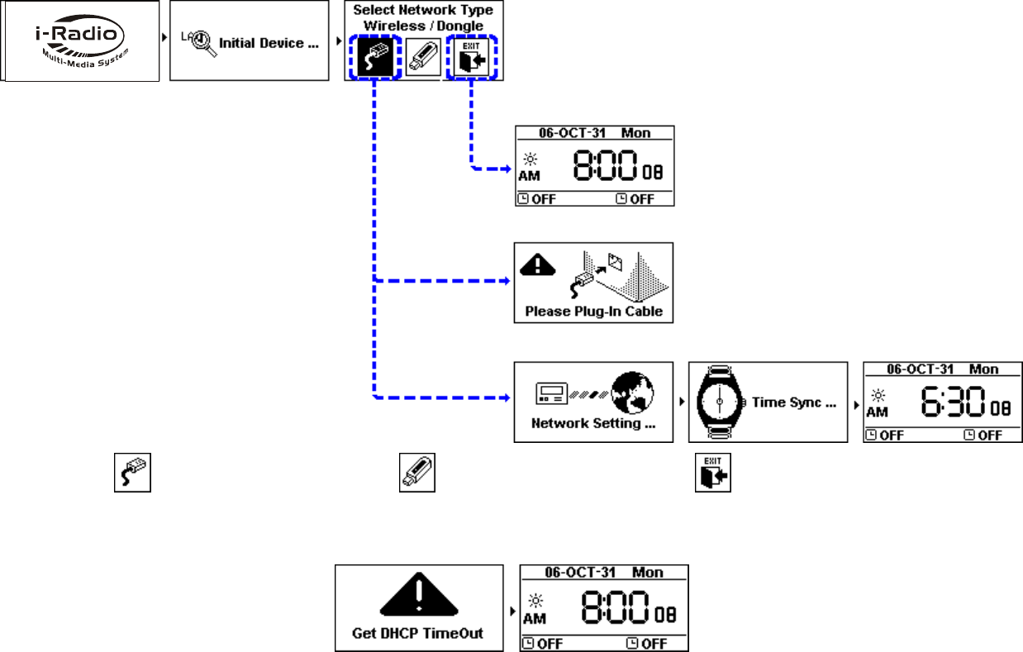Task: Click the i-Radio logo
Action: pos(80,42)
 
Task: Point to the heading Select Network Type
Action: pos(423,10)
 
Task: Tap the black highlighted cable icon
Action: pos(374,58)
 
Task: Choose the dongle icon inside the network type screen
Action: pos(423,59)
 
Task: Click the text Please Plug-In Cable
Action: pos(593,312)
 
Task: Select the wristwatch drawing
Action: pos(719,402)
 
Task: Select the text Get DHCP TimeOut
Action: pos(419,634)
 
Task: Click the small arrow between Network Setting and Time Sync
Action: pos(681,402)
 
